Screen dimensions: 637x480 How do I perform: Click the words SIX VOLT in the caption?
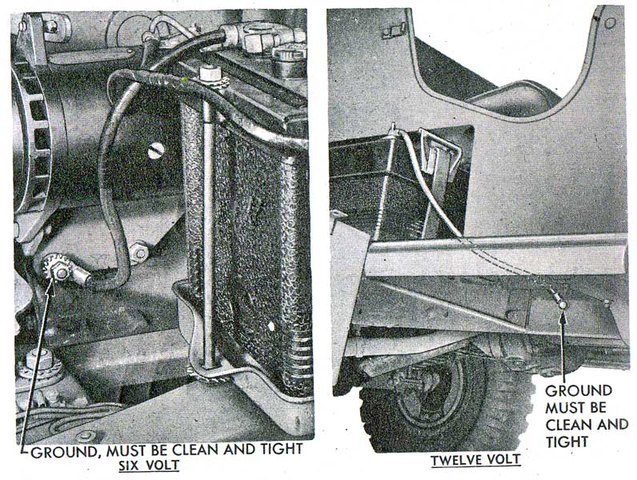(x=149, y=465)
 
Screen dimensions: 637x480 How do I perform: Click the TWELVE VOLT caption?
(x=475, y=460)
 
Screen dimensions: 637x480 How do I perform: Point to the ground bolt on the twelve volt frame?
(x=563, y=305)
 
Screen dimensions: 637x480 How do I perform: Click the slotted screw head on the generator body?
(x=156, y=150)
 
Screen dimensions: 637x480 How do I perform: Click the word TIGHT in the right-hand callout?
(x=567, y=442)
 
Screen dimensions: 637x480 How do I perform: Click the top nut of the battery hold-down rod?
(x=209, y=74)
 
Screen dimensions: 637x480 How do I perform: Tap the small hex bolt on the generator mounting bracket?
(x=140, y=252)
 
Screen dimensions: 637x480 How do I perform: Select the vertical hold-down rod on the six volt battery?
(x=208, y=219)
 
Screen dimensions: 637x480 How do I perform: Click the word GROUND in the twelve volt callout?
(x=579, y=390)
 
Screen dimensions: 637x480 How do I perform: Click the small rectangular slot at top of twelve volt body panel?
(x=393, y=30)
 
